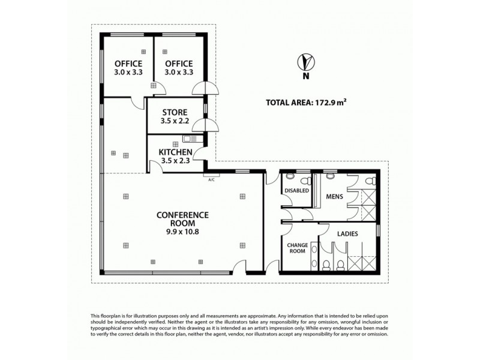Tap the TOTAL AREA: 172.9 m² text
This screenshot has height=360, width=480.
(x=306, y=102)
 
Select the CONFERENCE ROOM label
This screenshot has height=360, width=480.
(x=182, y=219)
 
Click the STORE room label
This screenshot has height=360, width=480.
(x=174, y=112)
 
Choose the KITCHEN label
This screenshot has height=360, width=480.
(x=175, y=152)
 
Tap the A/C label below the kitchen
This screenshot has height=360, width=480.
(x=211, y=179)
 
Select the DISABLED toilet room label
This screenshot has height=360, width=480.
(x=296, y=191)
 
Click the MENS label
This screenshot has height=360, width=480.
(x=334, y=196)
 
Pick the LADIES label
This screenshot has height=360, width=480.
(x=348, y=234)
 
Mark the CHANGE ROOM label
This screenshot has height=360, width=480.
(x=297, y=248)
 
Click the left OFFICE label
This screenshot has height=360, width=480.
(x=128, y=64)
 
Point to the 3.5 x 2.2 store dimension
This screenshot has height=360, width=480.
(x=174, y=121)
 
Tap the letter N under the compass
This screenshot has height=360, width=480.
(x=307, y=76)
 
